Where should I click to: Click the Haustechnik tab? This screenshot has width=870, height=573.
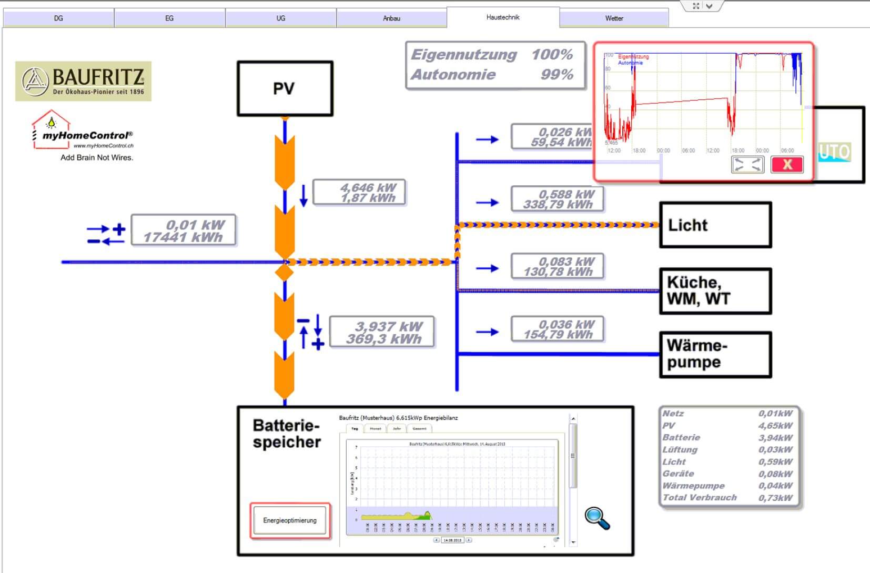pyautogui.click(x=502, y=17)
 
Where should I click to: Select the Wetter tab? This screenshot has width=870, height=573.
pyautogui.click(x=614, y=18)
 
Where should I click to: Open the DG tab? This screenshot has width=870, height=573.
pyautogui.click(x=58, y=18)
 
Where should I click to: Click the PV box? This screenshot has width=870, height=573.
pyautogui.click(x=285, y=88)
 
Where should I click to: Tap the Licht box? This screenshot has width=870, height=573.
pyautogui.click(x=715, y=225)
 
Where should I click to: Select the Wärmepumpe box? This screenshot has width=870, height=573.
pyautogui.click(x=715, y=354)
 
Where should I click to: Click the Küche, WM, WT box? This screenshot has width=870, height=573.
pyautogui.click(x=715, y=291)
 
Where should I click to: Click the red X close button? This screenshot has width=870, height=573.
pyautogui.click(x=787, y=164)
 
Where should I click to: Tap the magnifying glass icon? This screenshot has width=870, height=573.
pyautogui.click(x=597, y=518)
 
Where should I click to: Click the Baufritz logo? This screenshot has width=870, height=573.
pyautogui.click(x=83, y=81)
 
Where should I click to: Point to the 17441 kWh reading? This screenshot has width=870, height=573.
pyautogui.click(x=183, y=237)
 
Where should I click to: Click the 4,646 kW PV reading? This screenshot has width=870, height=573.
pyautogui.click(x=368, y=188)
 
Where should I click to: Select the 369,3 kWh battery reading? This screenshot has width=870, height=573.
pyautogui.click(x=383, y=339)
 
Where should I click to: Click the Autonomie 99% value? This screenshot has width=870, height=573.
pyautogui.click(x=557, y=75)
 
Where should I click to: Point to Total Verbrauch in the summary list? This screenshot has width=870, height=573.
pyautogui.click(x=700, y=497)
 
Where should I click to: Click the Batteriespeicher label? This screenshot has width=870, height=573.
pyautogui.click(x=287, y=434)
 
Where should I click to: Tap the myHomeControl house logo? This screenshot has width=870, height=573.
pyautogui.click(x=51, y=128)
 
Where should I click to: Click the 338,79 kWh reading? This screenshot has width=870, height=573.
pyautogui.click(x=558, y=205)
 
